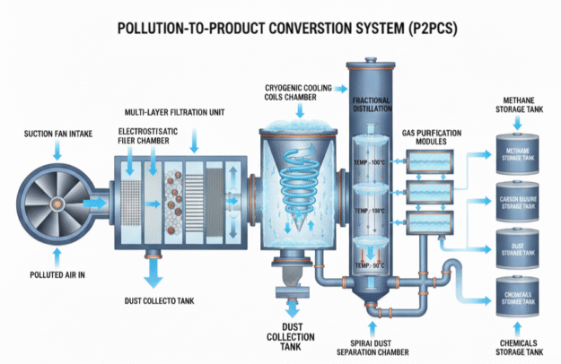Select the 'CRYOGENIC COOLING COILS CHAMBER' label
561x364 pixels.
tap(298, 93)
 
